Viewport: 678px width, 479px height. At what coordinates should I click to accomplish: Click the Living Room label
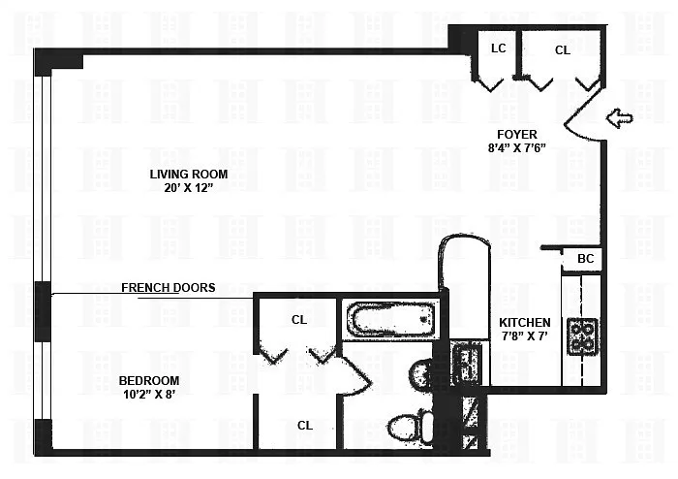tap(189, 174)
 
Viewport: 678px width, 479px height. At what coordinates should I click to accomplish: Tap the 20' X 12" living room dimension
tap(189, 188)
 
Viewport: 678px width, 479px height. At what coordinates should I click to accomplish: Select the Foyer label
tap(517, 134)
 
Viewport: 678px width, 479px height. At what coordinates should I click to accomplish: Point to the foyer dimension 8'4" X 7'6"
tap(517, 148)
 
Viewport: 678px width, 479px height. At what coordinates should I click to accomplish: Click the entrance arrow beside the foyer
tap(619, 117)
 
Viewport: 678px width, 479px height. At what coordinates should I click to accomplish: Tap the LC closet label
tap(499, 48)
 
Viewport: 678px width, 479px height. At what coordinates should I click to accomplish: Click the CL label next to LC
tap(563, 50)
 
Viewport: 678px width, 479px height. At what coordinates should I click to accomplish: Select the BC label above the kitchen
tap(586, 259)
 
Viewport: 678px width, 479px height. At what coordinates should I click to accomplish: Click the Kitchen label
tap(525, 322)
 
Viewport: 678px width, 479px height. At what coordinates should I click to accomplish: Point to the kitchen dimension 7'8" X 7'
tap(525, 335)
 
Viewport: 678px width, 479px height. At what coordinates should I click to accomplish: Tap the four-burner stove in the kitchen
tap(582, 337)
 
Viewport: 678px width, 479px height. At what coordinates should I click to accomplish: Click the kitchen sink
tap(466, 364)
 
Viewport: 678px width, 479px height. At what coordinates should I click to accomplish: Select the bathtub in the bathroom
tap(393, 318)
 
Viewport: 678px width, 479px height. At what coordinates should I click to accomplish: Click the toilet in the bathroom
tap(411, 427)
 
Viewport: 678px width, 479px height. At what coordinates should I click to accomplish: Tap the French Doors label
tap(169, 288)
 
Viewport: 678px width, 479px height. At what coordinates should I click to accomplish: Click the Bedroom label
tap(149, 381)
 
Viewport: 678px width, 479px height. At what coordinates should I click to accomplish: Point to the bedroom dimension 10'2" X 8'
tap(149, 395)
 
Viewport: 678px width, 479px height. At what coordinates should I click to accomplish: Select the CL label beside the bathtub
tap(299, 320)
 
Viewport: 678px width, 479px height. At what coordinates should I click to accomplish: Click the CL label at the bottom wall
tap(305, 426)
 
